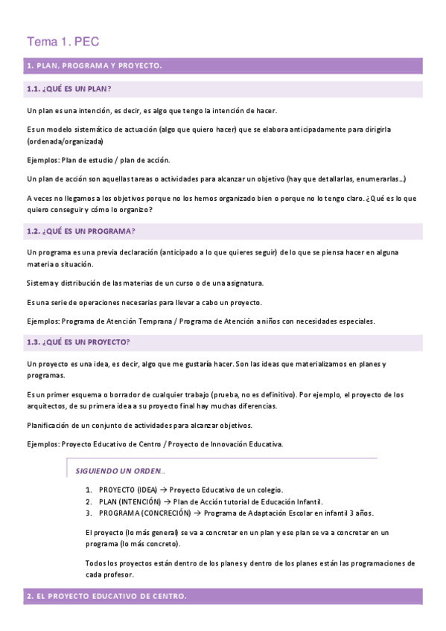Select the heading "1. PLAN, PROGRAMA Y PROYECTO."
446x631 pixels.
point(94,66)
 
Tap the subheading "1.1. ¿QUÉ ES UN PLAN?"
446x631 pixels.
point(69,90)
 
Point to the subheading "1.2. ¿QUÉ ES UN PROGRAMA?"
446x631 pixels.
point(80,231)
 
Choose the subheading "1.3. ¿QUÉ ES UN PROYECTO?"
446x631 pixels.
point(78,342)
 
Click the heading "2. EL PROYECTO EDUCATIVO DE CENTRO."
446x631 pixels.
point(106,597)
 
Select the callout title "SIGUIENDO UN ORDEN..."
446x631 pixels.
point(121,471)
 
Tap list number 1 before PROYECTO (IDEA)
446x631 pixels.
point(89,490)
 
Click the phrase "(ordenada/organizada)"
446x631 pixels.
point(65,141)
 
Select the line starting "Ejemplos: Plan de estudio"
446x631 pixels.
point(98,160)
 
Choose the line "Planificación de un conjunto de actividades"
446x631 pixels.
point(139,425)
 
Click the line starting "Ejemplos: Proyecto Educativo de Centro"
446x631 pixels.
point(155,444)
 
